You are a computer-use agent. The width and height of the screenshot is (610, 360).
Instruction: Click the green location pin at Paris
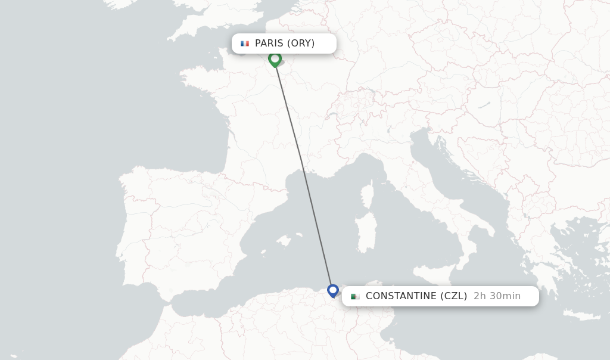(275, 58)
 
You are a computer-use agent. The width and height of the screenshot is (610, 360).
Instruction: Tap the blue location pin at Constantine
(333, 290)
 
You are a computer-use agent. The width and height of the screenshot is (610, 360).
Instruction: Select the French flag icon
(245, 44)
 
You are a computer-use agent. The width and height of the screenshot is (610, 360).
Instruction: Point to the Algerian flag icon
(355, 296)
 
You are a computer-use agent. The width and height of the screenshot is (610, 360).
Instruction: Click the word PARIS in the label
(269, 44)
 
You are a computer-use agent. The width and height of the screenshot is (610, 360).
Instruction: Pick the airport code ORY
(301, 44)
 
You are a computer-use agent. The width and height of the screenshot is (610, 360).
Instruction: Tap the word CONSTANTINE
(401, 296)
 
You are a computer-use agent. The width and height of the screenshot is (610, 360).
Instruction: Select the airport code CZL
(453, 296)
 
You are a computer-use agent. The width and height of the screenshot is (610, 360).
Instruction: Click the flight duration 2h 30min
(497, 296)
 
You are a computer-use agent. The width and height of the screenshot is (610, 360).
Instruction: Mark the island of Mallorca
(284, 240)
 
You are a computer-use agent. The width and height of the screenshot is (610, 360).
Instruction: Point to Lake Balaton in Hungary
(484, 105)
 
